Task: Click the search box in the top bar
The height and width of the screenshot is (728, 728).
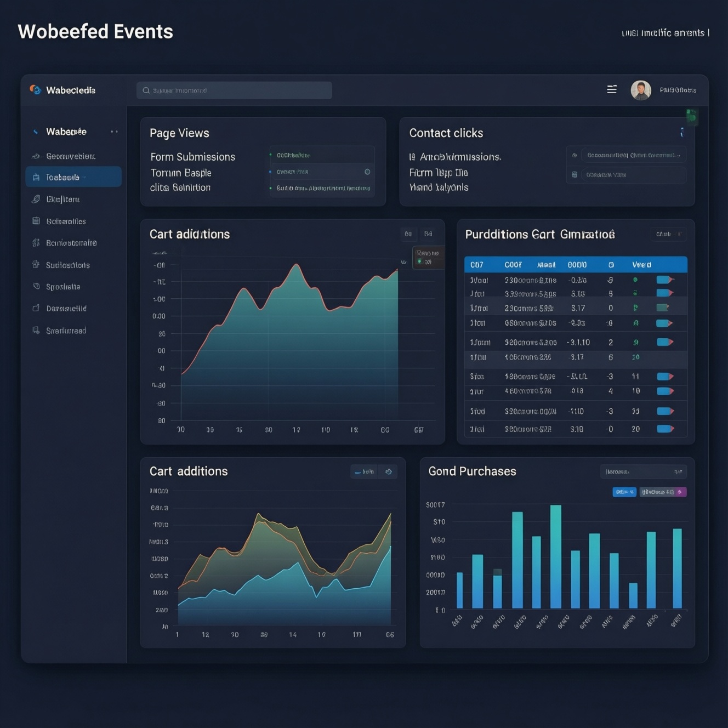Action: coord(234,90)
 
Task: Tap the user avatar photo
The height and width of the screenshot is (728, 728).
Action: coord(640,90)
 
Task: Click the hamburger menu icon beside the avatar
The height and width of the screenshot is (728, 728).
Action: coord(612,89)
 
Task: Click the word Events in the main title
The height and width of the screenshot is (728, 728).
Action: coord(143,32)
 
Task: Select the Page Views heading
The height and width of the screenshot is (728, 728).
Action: coord(179,133)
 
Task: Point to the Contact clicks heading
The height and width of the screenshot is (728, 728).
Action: coord(446,133)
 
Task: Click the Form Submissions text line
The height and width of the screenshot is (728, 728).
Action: coord(192,157)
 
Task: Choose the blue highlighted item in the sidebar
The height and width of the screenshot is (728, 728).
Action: coord(73,177)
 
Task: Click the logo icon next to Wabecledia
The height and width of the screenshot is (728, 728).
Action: coord(36,90)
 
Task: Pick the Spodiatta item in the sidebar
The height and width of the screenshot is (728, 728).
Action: coord(63,287)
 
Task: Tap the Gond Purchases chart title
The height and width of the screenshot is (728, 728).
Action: coord(472,471)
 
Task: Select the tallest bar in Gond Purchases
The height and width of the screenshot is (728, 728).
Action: coord(555,556)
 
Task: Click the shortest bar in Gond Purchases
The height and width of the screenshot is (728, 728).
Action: coord(633,595)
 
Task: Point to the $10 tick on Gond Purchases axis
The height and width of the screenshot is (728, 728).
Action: coord(439,522)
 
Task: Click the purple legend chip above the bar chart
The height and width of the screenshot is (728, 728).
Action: coord(663,492)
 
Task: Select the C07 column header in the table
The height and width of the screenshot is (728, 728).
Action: coord(477,265)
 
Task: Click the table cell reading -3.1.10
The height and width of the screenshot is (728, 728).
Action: coord(578,343)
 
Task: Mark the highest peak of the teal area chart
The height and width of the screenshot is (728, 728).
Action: coord(297,265)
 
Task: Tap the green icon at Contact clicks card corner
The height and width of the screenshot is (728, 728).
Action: coord(692,116)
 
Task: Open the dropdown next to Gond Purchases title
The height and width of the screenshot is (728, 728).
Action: coord(643,471)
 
